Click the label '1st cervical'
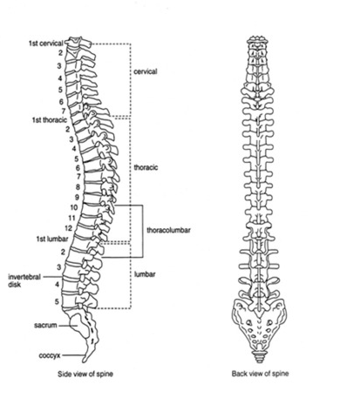(46, 44)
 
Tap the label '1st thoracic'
(50, 120)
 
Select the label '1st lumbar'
(52, 239)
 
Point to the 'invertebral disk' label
(24, 280)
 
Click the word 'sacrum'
(45, 325)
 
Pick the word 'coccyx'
(50, 355)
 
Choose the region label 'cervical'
(146, 71)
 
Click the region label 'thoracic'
(146, 167)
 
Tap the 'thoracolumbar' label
(168, 230)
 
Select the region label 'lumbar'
(145, 274)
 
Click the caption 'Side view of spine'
(85, 374)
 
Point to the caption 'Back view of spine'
(261, 374)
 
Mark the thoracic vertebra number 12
(68, 228)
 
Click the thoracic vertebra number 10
(74, 207)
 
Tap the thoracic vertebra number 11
(71, 218)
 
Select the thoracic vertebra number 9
(77, 197)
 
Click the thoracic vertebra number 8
(78, 187)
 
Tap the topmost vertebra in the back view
(257, 40)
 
